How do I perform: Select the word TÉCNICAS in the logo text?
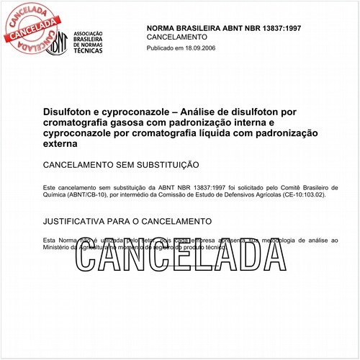[86, 53]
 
